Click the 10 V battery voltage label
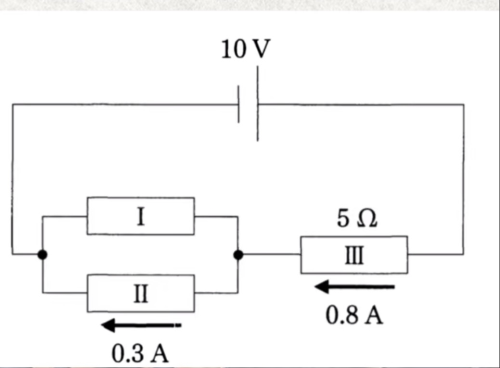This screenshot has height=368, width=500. point(245,50)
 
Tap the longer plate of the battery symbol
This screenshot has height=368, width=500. point(258,104)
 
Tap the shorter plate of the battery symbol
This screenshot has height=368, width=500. point(239,104)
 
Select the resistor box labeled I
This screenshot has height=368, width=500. point(141,216)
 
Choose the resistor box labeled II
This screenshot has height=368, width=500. point(141,293)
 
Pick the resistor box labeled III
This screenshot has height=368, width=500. point(354,255)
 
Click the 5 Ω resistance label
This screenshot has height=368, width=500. point(357,219)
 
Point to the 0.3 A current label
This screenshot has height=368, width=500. point(140,354)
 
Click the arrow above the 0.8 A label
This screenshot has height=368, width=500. point(354,287)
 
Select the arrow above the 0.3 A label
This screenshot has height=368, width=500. point(141,325)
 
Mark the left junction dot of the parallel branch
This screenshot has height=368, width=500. point(43,254)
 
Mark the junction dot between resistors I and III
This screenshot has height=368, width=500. point(239,255)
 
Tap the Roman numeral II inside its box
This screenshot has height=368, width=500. point(141,294)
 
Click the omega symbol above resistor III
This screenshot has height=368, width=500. point(366,219)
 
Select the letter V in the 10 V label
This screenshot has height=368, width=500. point(261,50)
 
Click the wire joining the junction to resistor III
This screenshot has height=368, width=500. point(270,255)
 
